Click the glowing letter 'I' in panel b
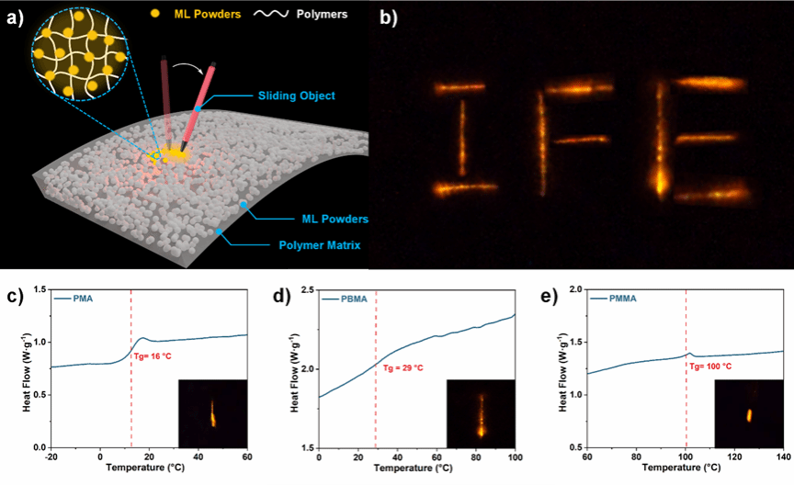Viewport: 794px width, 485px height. click(x=461, y=138)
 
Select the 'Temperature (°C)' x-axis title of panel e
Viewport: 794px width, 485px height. click(x=685, y=469)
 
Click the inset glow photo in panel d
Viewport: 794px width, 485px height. click(x=479, y=412)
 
